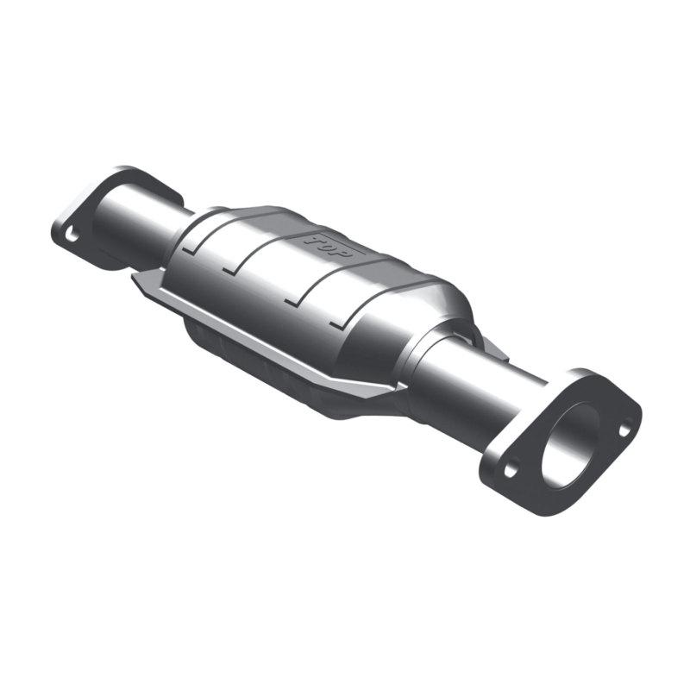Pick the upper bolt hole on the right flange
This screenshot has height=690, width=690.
626,425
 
